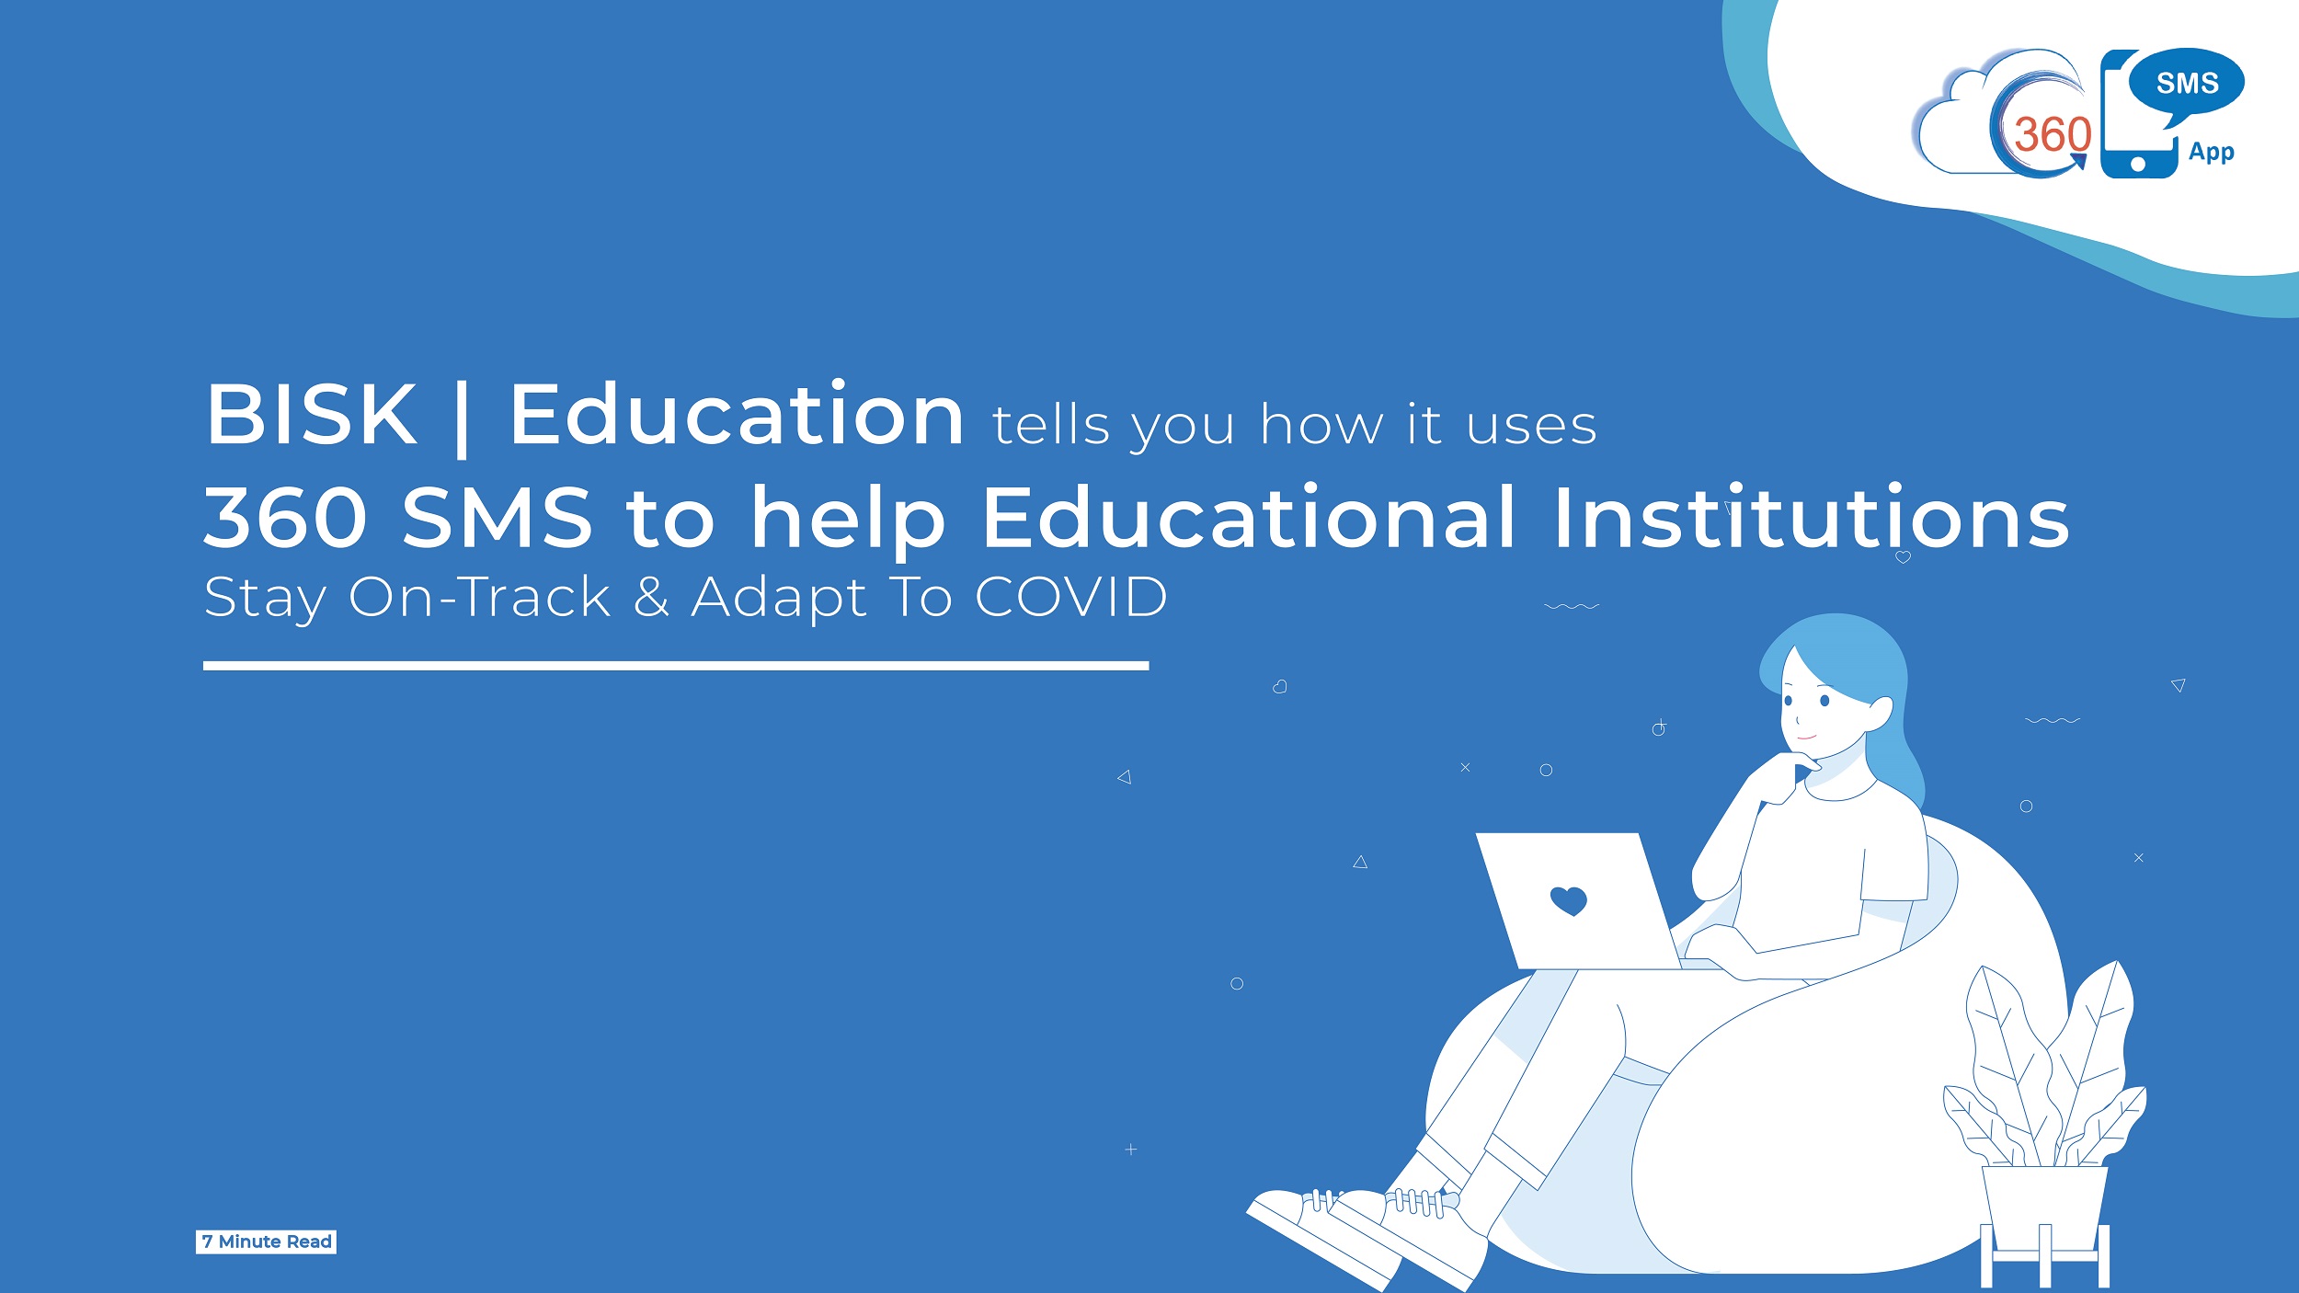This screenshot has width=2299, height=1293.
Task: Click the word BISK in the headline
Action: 312,415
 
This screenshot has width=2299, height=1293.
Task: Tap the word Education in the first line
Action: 737,415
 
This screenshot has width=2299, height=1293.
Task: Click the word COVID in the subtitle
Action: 1071,597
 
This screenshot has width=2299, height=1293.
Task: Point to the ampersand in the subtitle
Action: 651,597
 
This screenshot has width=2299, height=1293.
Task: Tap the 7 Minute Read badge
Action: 266,1242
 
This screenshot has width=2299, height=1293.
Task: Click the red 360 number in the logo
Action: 2053,135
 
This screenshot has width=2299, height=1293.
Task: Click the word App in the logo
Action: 2211,152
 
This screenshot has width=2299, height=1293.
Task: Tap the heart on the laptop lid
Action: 1568,899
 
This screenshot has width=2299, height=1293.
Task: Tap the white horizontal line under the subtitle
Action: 676,666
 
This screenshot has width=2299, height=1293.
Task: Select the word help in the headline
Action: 848,520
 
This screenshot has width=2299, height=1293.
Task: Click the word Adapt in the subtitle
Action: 779,599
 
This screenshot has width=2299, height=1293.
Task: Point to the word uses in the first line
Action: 1531,426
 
